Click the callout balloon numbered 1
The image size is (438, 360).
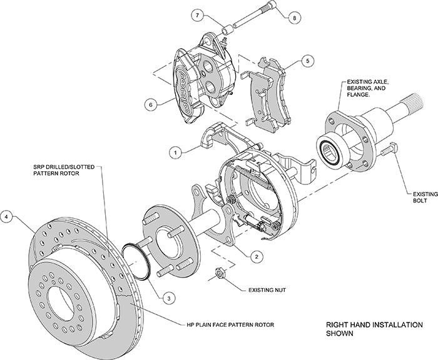coord(177,151)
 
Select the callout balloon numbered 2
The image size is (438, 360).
coord(257,256)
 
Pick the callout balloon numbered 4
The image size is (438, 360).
coord(8,217)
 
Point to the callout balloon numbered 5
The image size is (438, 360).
coord(307,61)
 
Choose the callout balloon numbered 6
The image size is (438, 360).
coord(150,105)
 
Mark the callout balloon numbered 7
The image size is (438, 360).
coord(198,14)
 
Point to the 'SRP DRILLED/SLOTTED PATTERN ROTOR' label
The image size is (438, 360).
coord(59,172)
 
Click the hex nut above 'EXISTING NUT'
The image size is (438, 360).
coord(221,273)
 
